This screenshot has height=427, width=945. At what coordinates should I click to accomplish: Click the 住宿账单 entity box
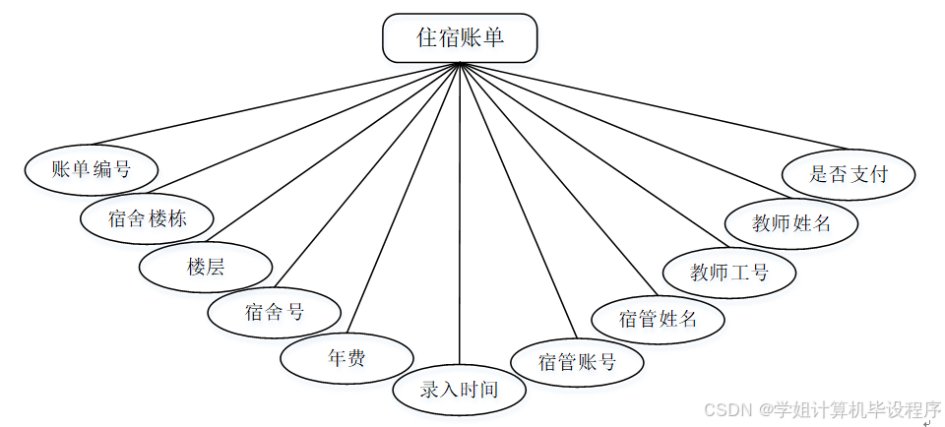point(460,37)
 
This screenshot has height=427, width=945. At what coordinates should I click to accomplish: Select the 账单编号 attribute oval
point(92,168)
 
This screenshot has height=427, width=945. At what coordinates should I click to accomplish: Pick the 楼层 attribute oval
point(206,266)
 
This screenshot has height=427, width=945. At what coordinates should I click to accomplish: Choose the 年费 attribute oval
point(346,358)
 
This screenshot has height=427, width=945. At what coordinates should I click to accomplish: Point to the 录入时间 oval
point(460,390)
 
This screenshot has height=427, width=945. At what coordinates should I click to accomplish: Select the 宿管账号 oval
point(577,362)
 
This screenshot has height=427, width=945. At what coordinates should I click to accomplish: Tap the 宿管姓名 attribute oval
point(659,318)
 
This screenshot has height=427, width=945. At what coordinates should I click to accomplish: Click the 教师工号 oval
point(729,271)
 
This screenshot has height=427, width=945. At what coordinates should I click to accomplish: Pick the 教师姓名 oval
point(791,222)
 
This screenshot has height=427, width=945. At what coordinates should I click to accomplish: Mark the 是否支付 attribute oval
point(849,174)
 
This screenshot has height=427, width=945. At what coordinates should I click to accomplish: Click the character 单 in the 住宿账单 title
point(493,37)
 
